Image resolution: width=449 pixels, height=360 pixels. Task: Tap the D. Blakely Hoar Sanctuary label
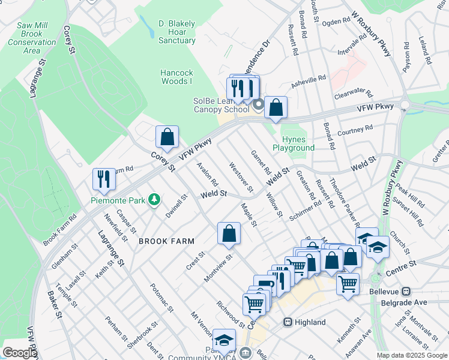tap(176, 32)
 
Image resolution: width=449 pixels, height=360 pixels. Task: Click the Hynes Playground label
tap(294, 143)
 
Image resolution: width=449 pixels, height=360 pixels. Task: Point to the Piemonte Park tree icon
tap(155, 199)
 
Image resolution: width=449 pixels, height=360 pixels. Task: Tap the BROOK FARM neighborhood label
tap(166, 241)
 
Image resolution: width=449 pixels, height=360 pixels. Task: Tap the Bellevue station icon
tap(407, 292)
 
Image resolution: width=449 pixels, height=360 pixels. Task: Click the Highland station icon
tap(288, 322)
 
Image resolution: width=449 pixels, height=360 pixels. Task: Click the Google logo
tap(19, 353)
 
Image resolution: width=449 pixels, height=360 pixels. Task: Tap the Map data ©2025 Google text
tap(411, 355)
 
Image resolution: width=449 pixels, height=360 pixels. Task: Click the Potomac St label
tap(161, 298)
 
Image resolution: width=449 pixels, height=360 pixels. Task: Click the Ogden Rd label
tap(336, 22)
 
